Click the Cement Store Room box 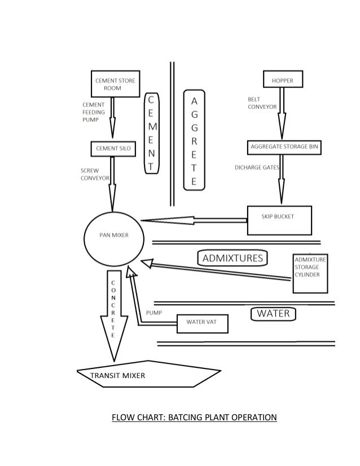(115, 84)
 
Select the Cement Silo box (114, 148)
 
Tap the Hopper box (283, 80)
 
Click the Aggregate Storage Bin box (284, 147)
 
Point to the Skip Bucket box (279, 220)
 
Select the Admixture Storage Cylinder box (310, 273)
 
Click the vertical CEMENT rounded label (151, 132)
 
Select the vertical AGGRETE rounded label (194, 141)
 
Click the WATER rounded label (273, 313)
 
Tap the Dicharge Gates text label (257, 168)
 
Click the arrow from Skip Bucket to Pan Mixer (192, 221)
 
